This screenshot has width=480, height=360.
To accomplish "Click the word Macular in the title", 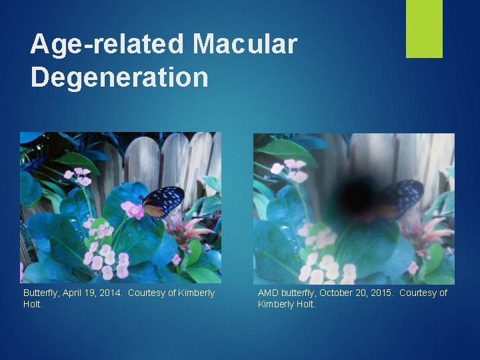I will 245,44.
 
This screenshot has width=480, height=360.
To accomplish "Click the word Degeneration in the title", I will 119,77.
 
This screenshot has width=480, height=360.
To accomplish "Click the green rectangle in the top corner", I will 424,28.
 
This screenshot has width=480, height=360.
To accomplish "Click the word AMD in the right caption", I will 269,293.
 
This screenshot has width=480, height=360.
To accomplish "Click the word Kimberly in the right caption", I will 278,305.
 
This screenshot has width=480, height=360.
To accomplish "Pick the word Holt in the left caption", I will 32,305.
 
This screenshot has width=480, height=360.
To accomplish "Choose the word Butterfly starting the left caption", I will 41,293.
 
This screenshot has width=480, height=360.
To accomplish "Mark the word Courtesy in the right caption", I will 417,293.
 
